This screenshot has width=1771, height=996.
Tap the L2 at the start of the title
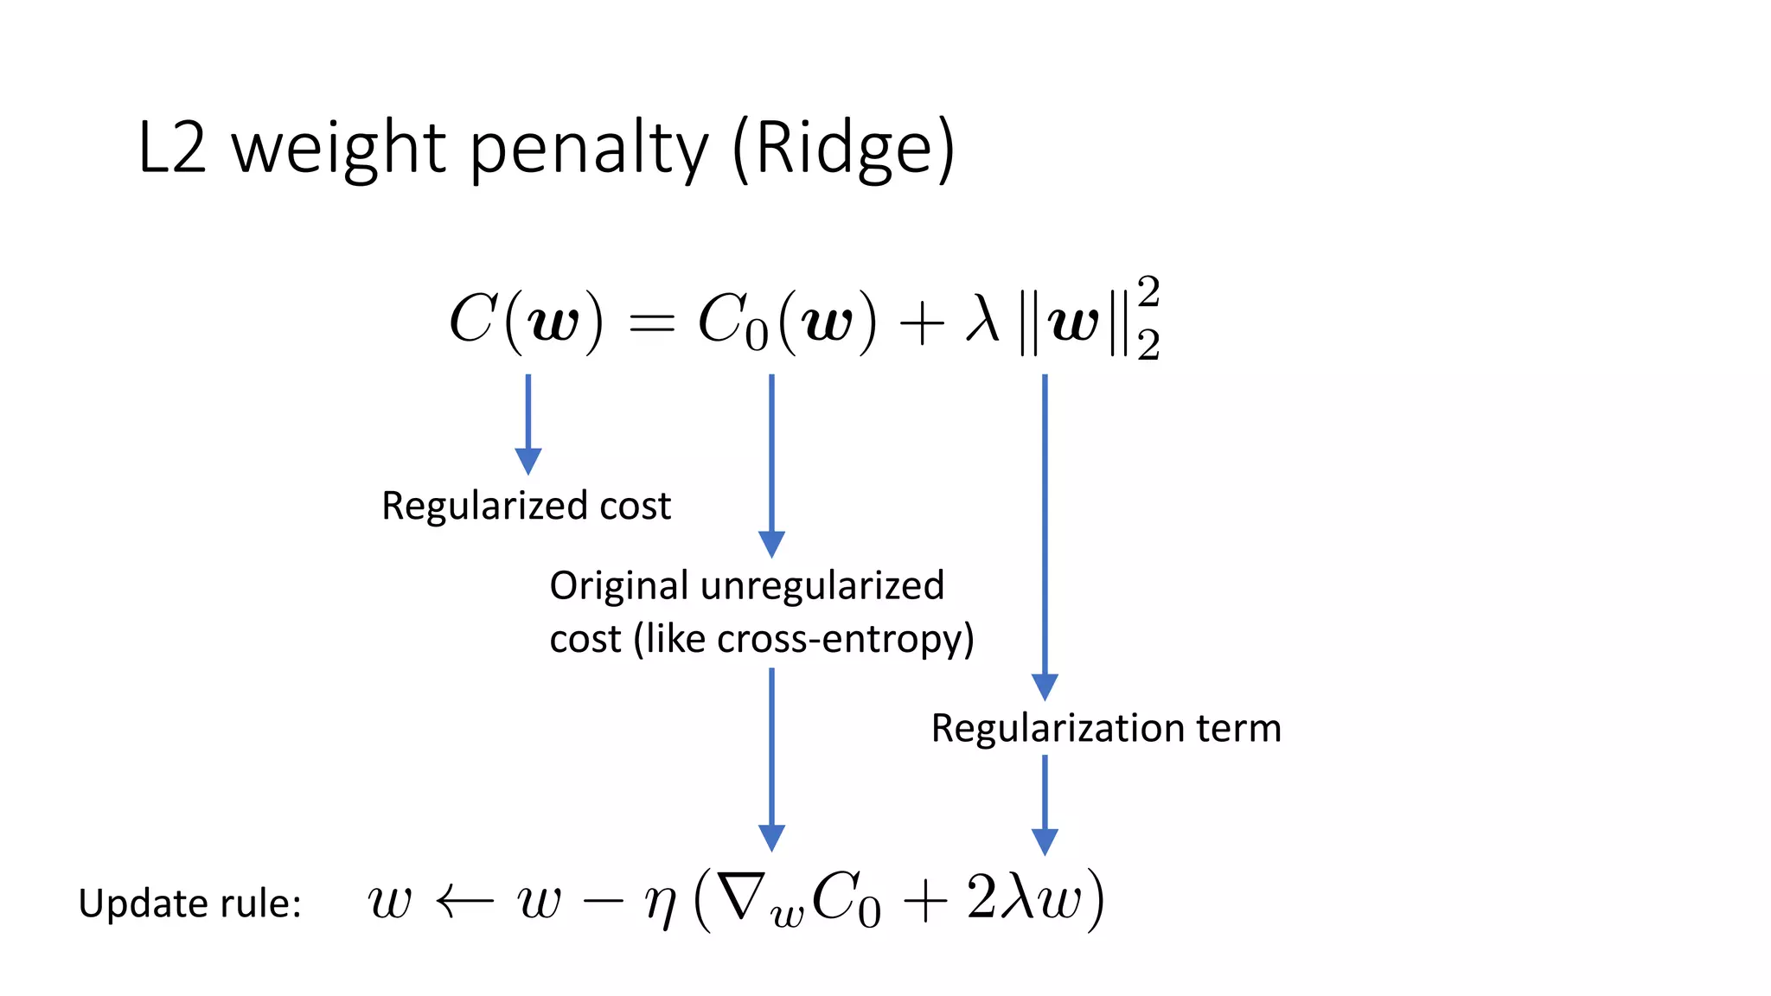[172, 149]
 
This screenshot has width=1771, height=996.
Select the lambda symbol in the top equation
[982, 321]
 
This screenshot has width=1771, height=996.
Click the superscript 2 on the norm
[1148, 292]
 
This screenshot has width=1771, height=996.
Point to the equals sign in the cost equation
[650, 323]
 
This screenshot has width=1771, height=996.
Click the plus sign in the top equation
[921, 324]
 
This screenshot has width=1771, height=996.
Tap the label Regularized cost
[526, 506]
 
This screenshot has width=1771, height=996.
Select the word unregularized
[822, 586]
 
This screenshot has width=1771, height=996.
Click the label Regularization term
[1105, 728]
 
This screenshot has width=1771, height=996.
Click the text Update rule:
[189, 903]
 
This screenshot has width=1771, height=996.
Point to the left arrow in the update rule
[464, 901]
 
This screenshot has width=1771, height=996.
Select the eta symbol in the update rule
[661, 903]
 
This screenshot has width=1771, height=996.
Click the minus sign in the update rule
[603, 902]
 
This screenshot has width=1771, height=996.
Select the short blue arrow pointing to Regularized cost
[528, 424]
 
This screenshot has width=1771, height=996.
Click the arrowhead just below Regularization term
[1045, 841]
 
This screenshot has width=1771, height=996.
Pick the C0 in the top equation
[732, 322]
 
